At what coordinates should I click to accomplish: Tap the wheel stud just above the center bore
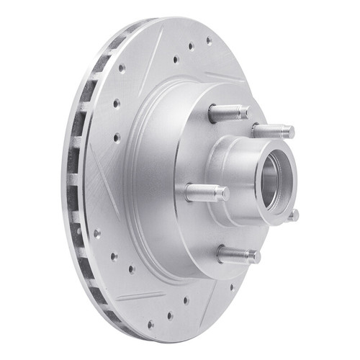[273, 131]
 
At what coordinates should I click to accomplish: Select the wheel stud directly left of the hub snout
[206, 192]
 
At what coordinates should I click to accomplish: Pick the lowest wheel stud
[238, 255]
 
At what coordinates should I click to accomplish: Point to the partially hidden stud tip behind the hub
[293, 215]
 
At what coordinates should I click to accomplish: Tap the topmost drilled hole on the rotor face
[208, 41]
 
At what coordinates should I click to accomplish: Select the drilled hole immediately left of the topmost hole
[191, 48]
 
